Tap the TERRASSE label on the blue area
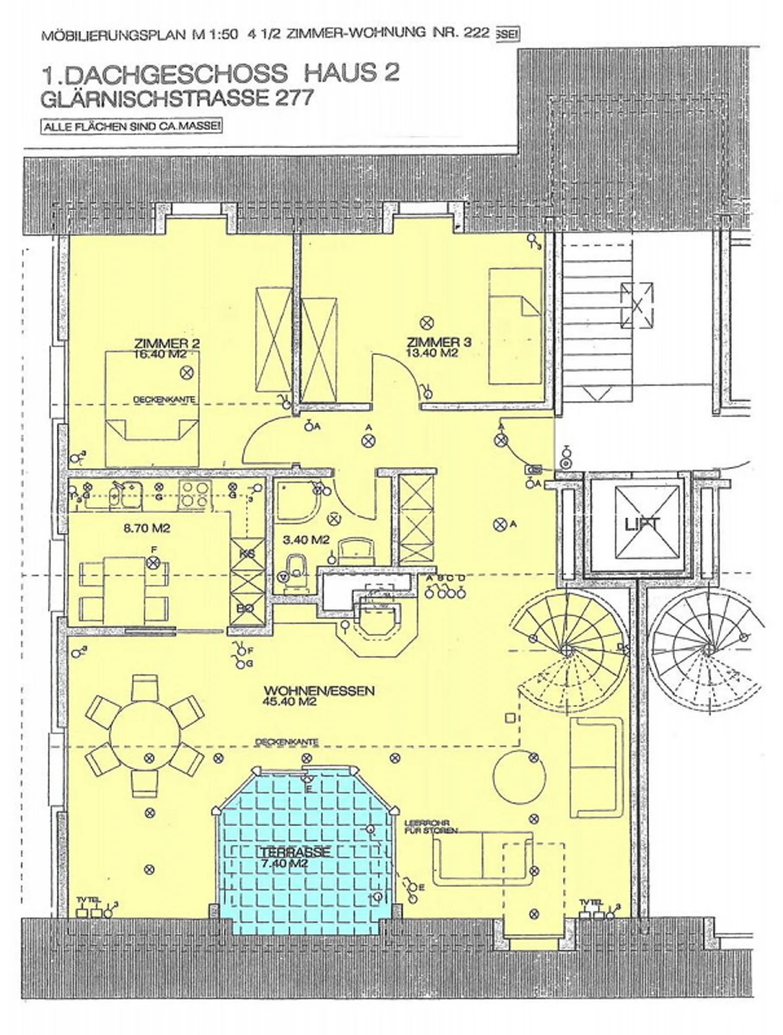pos(295,851)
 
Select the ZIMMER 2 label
pos(166,343)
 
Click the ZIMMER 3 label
pos(439,342)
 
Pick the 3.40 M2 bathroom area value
pos(306,540)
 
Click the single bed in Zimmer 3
pos(514,326)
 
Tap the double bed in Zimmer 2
pos(152,408)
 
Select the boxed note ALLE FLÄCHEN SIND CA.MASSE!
pos(132,127)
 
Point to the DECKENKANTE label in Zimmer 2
pos(164,400)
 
